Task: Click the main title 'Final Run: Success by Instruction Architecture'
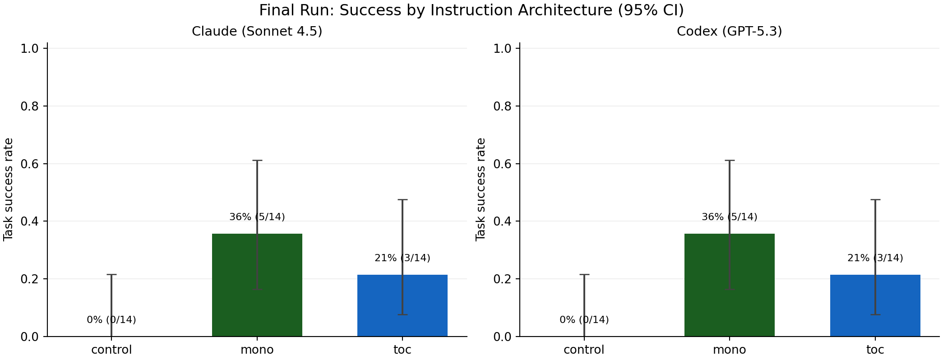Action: pos(471,10)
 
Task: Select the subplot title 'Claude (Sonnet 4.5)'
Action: pos(257,32)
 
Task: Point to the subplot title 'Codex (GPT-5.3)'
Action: pos(729,32)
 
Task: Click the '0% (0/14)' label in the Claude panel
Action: pos(111,320)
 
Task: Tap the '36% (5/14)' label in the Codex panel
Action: pos(729,217)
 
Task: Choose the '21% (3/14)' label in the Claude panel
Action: pos(402,258)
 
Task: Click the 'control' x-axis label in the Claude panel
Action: pos(111,350)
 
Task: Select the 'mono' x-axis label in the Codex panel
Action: pos(729,350)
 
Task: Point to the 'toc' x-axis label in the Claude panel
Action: pos(402,350)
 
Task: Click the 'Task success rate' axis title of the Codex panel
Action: pos(481,189)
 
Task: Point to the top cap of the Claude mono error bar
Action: pos(257,161)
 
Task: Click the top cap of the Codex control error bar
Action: pos(584,275)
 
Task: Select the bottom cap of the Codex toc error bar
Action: pos(875,314)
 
